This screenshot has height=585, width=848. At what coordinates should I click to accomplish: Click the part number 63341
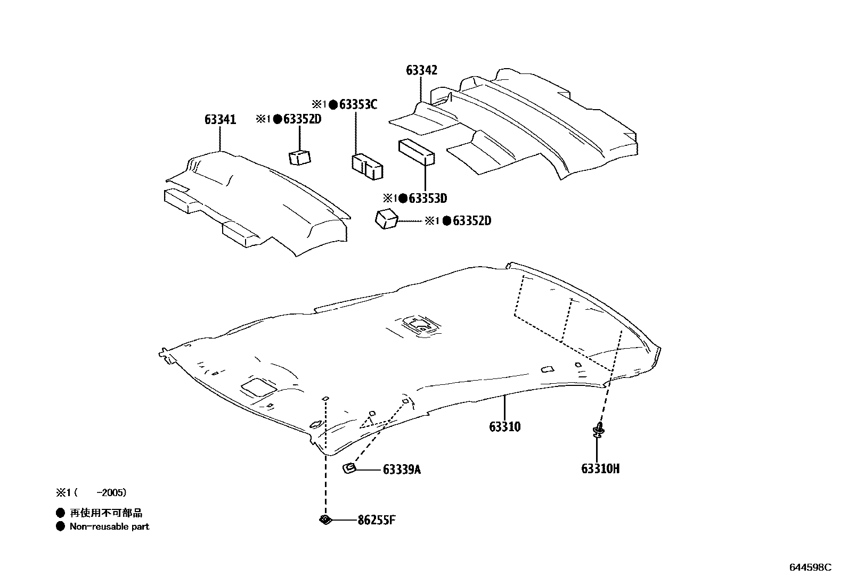tap(220, 120)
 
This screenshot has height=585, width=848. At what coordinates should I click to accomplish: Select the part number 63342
tap(421, 70)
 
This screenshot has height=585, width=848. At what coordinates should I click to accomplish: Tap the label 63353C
tap(358, 104)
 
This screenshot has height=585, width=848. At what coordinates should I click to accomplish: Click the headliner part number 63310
tap(504, 426)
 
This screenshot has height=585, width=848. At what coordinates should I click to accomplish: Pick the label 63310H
tap(600, 469)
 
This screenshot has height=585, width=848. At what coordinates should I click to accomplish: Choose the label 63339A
tap(402, 469)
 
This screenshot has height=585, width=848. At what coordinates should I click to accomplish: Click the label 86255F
tap(377, 520)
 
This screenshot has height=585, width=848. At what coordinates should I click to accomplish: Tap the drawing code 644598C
tap(810, 567)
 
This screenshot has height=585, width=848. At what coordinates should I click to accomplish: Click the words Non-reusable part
tap(109, 526)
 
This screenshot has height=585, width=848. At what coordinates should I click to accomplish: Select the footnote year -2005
tap(116, 493)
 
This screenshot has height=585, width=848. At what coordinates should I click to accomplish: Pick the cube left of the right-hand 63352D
tap(387, 219)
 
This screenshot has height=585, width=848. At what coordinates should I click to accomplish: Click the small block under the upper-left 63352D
tap(300, 158)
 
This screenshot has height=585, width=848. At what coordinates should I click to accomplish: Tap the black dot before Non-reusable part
tap(60, 526)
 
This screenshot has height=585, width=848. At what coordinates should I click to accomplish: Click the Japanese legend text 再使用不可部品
tap(107, 513)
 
